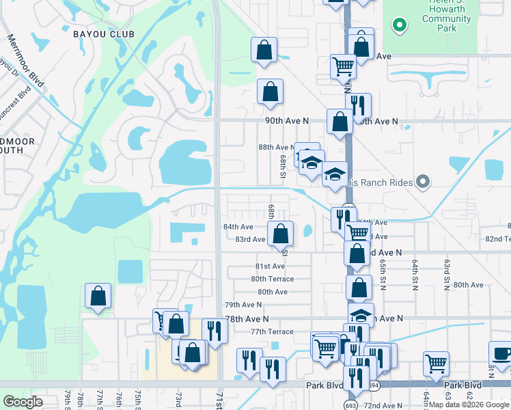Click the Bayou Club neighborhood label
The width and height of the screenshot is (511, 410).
102,33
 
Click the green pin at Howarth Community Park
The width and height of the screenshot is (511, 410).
400,26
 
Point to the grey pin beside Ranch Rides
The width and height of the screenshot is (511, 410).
424,182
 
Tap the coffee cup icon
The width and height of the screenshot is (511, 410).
501,355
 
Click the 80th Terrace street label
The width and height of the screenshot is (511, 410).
272,279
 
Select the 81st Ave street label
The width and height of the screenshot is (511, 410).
270,266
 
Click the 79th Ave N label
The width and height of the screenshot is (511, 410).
243,305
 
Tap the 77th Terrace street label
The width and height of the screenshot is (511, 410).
271,331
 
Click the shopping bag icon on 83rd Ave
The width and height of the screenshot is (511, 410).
280,234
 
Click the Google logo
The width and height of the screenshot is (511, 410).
23,401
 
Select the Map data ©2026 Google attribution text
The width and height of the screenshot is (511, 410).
469,405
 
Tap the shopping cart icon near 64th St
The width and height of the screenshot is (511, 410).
436,364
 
